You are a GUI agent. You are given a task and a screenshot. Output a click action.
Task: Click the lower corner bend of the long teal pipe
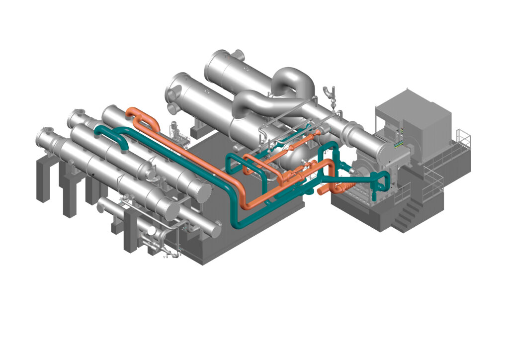coord(239,221)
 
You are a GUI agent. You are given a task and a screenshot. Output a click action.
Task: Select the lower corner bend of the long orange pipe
coord(246,204)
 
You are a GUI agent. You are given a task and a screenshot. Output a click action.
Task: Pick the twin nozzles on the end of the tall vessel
coord(174,100)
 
